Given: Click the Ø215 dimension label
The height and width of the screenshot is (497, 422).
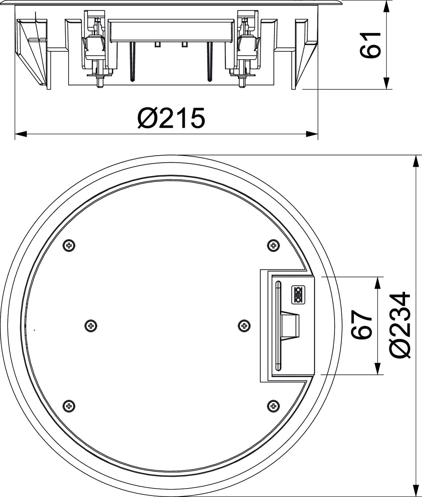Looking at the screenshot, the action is coord(171,118).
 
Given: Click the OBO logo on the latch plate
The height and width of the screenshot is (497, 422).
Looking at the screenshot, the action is coord(298,295).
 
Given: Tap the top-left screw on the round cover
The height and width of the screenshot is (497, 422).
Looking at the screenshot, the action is coord(69,246).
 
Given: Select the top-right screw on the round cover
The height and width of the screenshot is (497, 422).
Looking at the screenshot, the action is coord(273,246).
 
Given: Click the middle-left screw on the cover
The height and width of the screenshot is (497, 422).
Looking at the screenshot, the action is coord(91,326).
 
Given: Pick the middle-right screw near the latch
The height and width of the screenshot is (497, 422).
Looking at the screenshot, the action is coord(244,326).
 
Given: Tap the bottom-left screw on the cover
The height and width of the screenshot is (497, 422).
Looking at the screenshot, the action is coord(69,406).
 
